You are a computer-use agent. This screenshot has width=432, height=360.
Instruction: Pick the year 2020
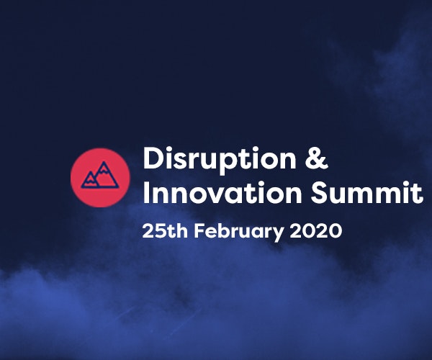pos(316,232)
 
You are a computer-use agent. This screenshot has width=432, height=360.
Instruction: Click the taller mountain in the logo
pos(104,175)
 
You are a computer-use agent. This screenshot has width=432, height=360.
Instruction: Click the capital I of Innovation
pos(146,193)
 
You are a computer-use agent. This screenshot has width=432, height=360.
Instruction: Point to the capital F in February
pos(199,232)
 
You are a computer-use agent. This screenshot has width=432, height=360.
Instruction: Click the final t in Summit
pos(418,193)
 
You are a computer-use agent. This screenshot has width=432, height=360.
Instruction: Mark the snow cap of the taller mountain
pos(104,167)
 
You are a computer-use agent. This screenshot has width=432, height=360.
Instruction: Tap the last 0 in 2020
pos(333,232)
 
